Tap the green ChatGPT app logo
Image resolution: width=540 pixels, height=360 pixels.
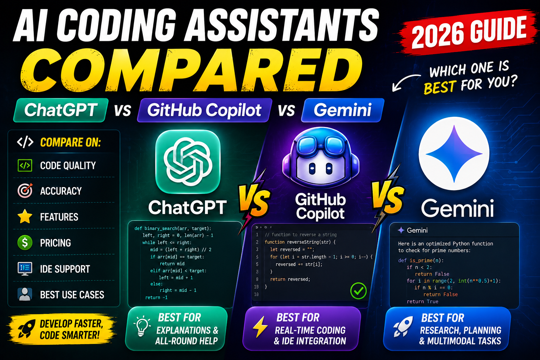[188, 161]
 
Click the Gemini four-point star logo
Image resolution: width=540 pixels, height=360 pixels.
[454, 154]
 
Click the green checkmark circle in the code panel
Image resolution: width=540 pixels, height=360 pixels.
[358, 291]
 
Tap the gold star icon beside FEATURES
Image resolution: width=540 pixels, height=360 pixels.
[25, 216]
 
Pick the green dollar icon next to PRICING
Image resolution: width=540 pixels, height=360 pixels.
[25, 242]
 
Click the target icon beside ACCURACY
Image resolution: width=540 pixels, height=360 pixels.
[25, 191]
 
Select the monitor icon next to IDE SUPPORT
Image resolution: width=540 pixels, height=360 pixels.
[25, 269]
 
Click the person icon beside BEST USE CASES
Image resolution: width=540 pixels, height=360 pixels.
[25, 294]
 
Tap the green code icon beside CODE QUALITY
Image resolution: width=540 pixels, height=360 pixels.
[25, 166]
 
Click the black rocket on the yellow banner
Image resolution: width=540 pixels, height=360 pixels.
[26, 328]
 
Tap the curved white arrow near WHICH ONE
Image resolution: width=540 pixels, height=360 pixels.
[406, 82]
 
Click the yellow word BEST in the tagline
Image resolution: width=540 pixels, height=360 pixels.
[440, 87]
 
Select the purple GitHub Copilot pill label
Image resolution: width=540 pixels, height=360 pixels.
[204, 110]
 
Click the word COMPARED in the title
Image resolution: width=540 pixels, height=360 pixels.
[192, 70]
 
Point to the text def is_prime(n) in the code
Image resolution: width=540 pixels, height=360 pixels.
[421, 261]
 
